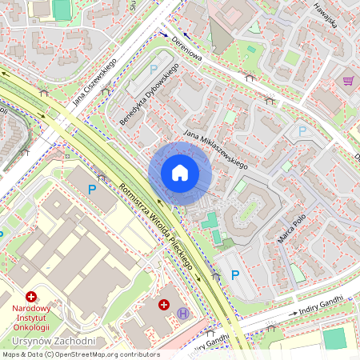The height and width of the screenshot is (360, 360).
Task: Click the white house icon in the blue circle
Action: click(x=180, y=173)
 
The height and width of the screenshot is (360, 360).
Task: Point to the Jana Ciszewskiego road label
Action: click(x=95, y=82)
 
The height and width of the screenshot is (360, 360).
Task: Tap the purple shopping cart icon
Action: click(x=348, y=81)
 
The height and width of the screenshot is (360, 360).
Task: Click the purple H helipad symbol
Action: click(x=183, y=313)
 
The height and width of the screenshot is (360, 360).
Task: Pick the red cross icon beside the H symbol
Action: click(x=164, y=305)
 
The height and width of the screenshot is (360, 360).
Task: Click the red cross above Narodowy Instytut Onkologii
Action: click(x=31, y=296)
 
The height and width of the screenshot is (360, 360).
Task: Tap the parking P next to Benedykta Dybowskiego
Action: click(x=154, y=70)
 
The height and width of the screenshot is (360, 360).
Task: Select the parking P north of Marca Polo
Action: click(x=302, y=130)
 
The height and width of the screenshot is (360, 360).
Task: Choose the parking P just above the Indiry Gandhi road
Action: click(x=235, y=274)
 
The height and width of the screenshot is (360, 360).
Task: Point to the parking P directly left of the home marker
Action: click(x=92, y=190)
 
